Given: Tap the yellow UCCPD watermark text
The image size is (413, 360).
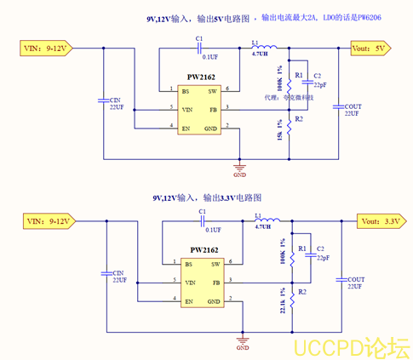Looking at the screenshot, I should pyautogui.click(x=352, y=346).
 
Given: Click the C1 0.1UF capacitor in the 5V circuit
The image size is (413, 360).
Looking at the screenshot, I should pyautogui.click(x=200, y=48).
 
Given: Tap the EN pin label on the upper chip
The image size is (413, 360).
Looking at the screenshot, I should pyautogui.click(x=186, y=128).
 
